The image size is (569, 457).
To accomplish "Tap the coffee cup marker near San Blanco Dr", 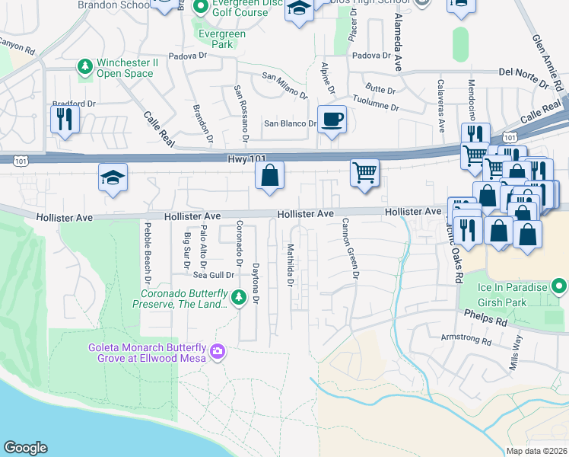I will [332, 120].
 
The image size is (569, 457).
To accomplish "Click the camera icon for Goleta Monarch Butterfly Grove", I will [218, 351].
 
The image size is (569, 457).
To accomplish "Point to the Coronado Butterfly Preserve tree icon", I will [239, 296].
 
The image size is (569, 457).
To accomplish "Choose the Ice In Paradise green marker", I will [560, 287].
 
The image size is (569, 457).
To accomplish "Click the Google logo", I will [25, 448].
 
